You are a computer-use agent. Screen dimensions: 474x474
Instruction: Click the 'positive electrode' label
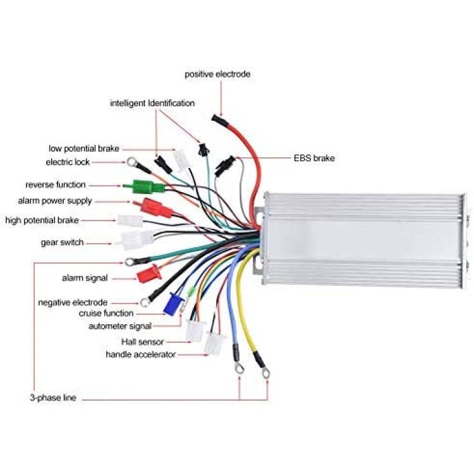coord(217,75)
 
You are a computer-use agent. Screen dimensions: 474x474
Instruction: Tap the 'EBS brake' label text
coord(314,158)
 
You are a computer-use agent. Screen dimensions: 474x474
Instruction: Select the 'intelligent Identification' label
coord(152,103)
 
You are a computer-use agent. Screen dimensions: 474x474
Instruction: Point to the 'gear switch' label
coord(62,243)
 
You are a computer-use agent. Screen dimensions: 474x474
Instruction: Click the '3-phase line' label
coord(53,398)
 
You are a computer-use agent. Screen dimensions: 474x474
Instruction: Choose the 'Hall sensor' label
coord(142,342)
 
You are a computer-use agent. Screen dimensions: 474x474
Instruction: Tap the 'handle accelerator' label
coord(140,355)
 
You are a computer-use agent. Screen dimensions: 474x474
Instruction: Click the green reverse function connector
coord(143,186)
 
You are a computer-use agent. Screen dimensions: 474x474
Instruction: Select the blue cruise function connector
coord(174,304)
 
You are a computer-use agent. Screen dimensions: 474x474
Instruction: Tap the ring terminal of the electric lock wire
coord(131,162)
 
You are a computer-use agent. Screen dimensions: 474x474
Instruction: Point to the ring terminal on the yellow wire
coord(265,374)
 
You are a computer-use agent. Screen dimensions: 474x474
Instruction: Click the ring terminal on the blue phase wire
coord(240,368)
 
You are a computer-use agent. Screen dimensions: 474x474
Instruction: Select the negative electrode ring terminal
coord(144,301)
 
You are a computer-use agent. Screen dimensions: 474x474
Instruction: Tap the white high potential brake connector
coord(130,221)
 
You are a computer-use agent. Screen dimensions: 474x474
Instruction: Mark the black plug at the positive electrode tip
coord(220,119)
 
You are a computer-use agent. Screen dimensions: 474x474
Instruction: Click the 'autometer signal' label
coord(120,326)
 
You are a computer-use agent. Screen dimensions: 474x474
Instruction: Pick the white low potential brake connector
coord(182,160)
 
